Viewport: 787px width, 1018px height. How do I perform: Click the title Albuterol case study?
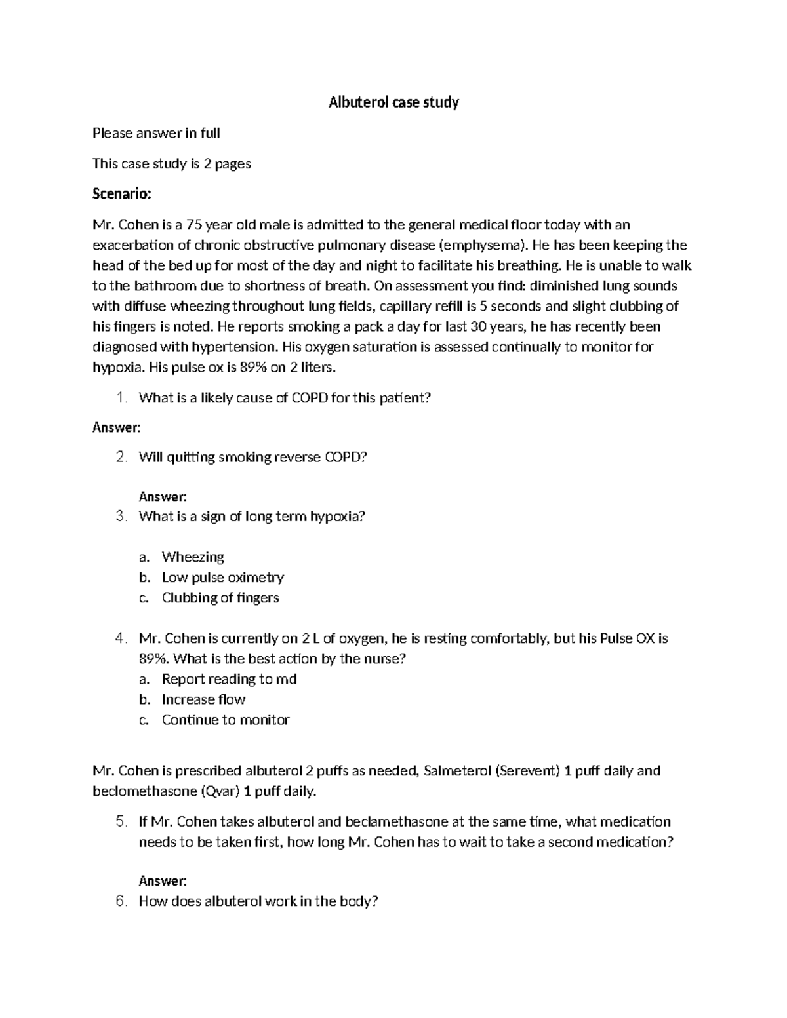click(393, 102)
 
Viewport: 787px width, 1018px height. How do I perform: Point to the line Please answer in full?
click(156, 134)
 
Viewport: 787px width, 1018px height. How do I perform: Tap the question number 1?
click(121, 398)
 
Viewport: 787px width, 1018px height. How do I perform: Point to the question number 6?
click(121, 901)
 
